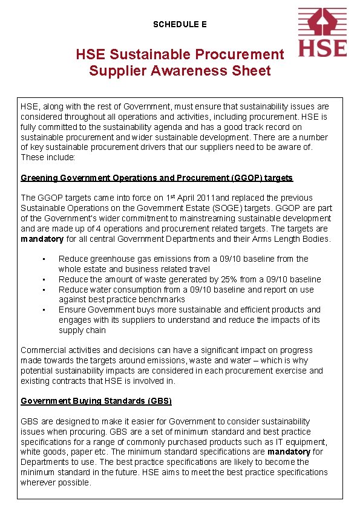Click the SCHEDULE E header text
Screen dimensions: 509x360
coord(180,24)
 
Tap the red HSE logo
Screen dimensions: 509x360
coord(322,33)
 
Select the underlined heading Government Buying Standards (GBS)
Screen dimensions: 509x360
coord(96,401)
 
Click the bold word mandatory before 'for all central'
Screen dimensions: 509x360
coord(42,239)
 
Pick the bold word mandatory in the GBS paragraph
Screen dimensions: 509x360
coord(289,452)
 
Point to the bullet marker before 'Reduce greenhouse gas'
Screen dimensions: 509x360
coord(44,259)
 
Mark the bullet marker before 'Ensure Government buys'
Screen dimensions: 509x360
coord(44,310)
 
